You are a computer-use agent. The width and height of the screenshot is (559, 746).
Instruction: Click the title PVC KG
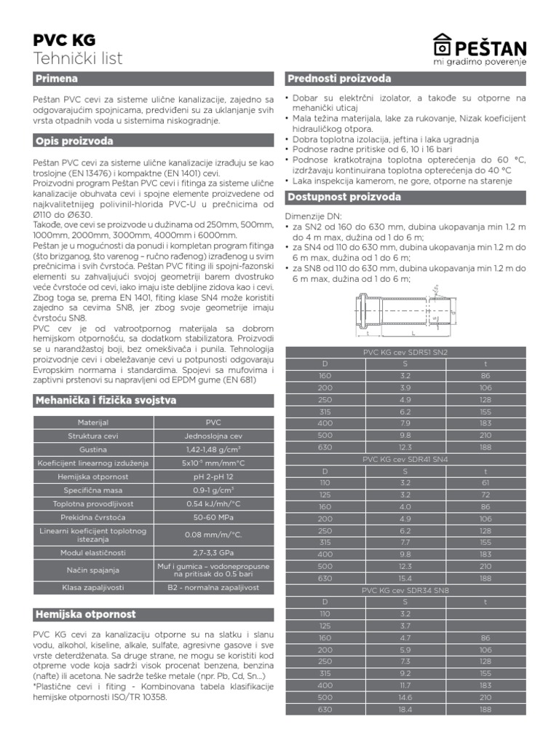[x=64, y=40]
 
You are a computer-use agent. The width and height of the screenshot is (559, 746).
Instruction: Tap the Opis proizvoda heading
[x=74, y=141]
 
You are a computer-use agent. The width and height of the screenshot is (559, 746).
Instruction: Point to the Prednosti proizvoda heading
[x=338, y=78]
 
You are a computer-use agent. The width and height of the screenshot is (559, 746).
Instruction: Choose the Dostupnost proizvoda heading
[x=344, y=197]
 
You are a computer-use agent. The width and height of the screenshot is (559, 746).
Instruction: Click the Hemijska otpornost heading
[x=85, y=614]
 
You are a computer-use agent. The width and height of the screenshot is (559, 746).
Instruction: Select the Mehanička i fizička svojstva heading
[x=105, y=400]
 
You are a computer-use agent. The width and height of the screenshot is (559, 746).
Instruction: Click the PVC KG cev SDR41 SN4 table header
[x=405, y=459]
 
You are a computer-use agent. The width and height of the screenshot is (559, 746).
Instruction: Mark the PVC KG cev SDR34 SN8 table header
[x=405, y=590]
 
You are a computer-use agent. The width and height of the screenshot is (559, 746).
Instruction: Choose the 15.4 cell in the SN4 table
[x=405, y=578]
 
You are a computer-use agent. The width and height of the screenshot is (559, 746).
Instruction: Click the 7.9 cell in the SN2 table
[x=405, y=423]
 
